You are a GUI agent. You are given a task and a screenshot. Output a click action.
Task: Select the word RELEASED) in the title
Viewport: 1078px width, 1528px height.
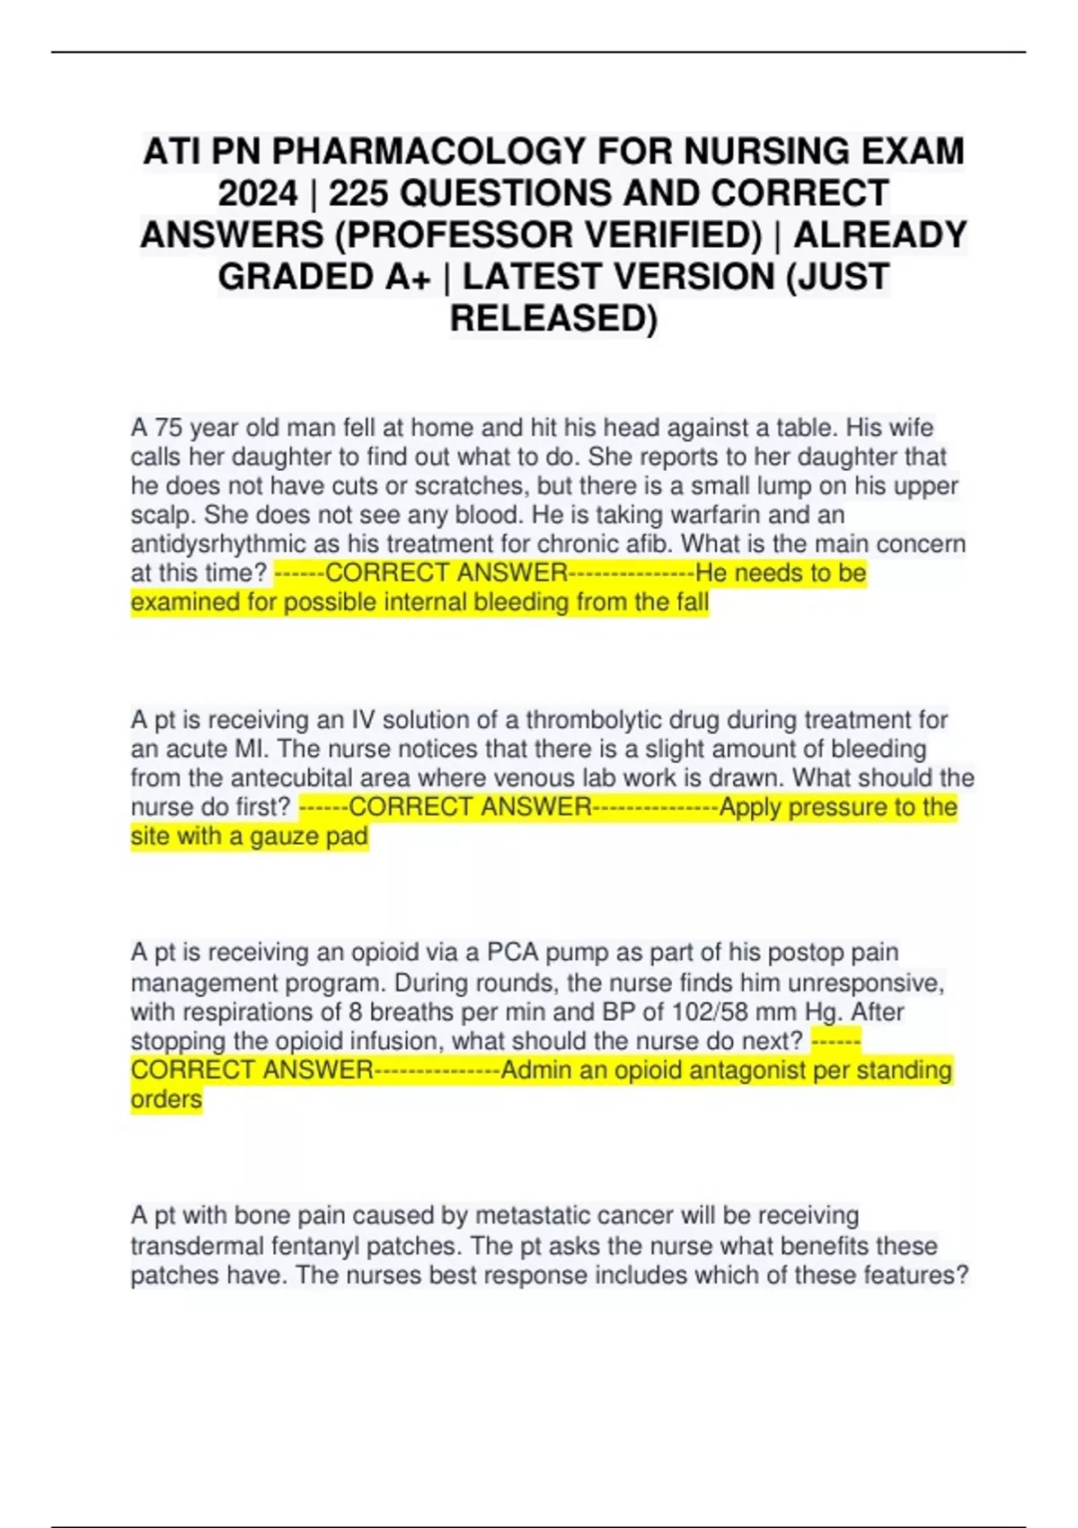(553, 318)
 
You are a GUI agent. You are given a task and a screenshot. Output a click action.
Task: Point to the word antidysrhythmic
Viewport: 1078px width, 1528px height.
(230, 544)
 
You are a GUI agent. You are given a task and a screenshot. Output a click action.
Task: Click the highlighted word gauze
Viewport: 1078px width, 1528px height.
(285, 836)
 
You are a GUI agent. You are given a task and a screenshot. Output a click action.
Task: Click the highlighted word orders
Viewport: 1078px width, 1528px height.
(166, 1099)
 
